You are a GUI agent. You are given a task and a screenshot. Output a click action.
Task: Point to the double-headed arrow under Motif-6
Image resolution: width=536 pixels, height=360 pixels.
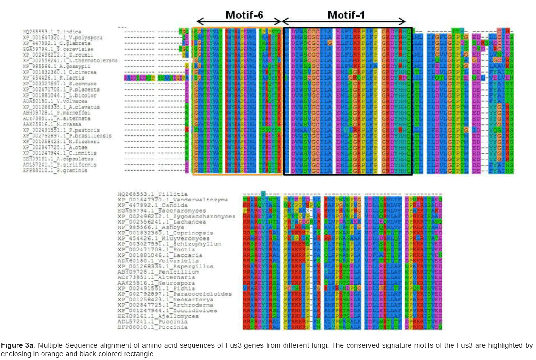pyautogui.click(x=239, y=22)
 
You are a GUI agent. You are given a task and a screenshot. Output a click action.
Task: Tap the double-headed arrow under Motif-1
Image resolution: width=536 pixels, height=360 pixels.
pyautogui.click(x=344, y=22)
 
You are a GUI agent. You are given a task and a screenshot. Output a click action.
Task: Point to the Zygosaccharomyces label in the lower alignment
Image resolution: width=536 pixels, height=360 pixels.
pyautogui.click(x=176, y=216)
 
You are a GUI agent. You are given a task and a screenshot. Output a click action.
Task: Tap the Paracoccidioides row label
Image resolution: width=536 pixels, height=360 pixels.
pyautogui.click(x=175, y=294)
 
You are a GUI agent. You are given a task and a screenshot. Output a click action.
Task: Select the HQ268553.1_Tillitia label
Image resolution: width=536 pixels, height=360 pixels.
pyautogui.click(x=153, y=194)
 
